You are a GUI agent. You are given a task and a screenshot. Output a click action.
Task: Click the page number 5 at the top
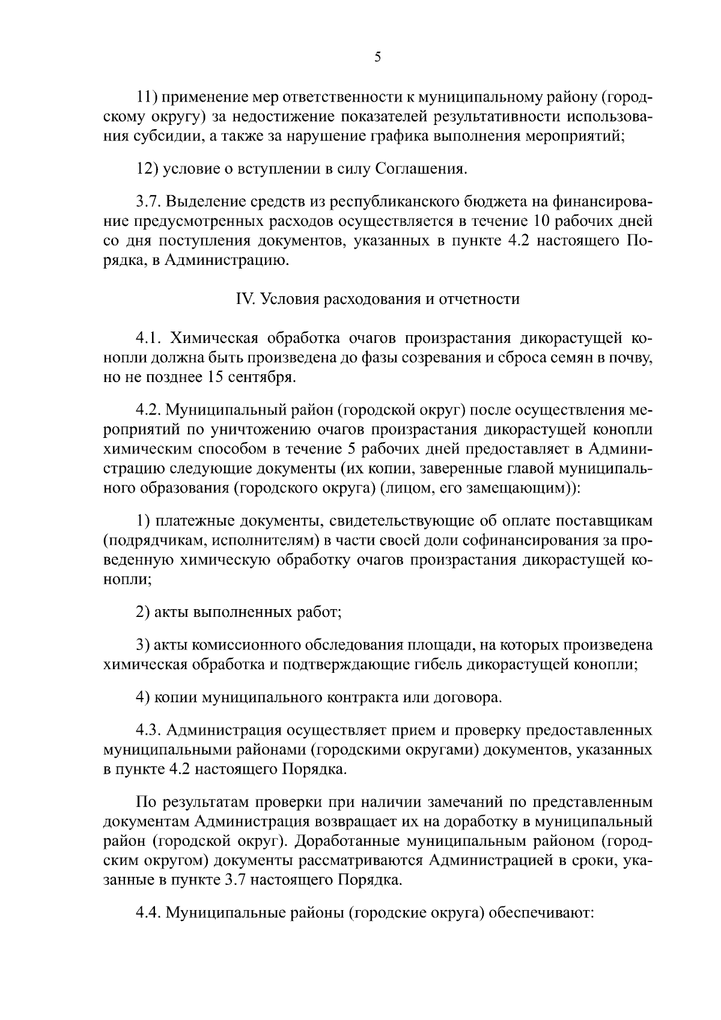coord(377,58)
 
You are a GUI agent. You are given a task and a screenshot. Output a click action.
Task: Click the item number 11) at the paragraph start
coord(147,97)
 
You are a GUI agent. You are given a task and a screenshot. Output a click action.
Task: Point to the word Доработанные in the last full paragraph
coord(347,841)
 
